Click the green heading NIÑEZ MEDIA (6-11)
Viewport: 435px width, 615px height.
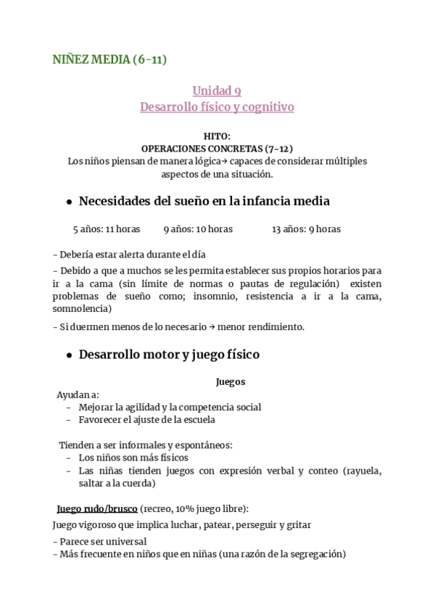[109, 59]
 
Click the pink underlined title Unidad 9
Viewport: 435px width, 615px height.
[217, 91]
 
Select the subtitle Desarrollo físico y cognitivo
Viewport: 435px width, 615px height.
[217, 107]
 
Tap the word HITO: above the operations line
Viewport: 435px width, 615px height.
[217, 136]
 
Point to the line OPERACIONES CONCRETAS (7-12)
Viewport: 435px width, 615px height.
[217, 148]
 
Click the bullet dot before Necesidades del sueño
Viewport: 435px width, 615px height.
[68, 202]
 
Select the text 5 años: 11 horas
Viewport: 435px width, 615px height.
[107, 229]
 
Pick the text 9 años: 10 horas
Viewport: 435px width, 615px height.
[198, 229]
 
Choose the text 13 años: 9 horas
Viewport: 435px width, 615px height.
[306, 229]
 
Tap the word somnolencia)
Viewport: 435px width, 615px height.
[82, 308]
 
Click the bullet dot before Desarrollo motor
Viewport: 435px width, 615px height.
[68, 355]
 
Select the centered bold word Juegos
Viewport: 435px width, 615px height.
[231, 381]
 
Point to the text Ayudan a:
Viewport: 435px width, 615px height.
[78, 395]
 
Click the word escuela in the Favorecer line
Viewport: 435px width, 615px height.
[197, 419]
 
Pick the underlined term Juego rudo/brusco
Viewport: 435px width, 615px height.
[97, 508]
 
